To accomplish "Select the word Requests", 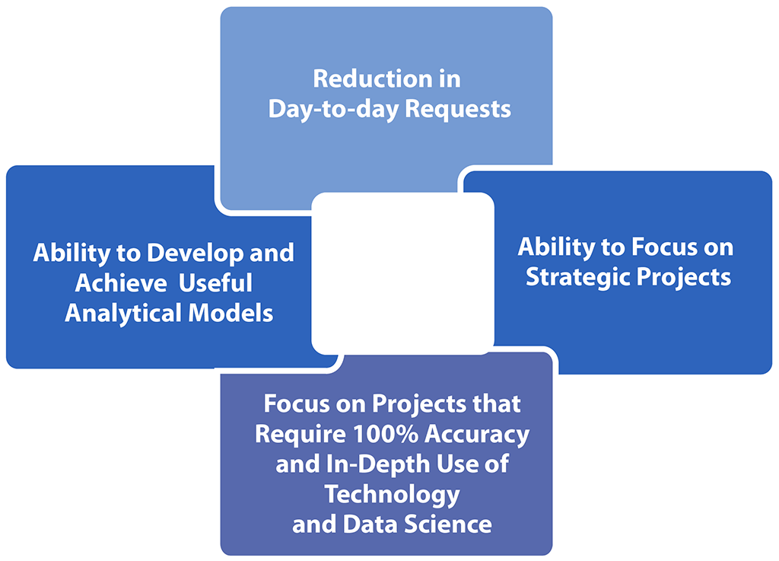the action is pos(457,110).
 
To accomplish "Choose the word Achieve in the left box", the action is pos(121,283).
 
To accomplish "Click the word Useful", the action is pos(215,283).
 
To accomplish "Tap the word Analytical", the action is pos(123,314).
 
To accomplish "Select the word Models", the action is pos(231,314).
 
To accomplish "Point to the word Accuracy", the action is pos(477,435).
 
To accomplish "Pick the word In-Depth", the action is pos(378,465).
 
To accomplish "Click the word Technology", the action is pos(392,496).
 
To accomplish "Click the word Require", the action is pos(300,435).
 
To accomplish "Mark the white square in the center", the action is pos(402,273).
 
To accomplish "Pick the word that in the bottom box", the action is pos(496,404).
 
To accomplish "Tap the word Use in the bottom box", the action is pos(454,464).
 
